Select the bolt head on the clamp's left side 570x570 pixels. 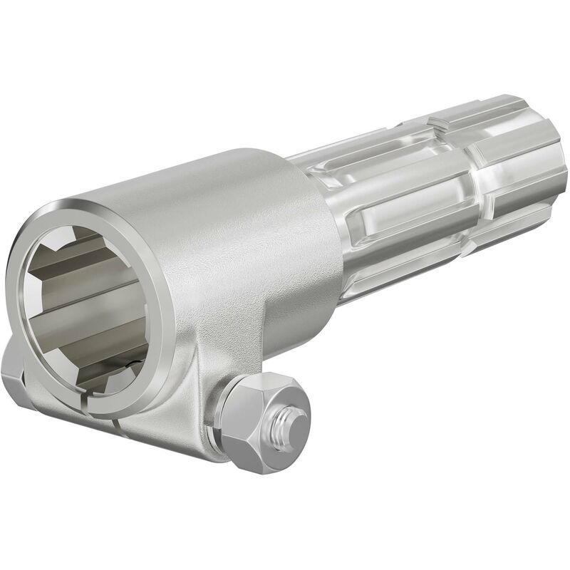pos(14,373)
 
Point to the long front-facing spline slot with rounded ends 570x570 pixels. pos(413,214)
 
